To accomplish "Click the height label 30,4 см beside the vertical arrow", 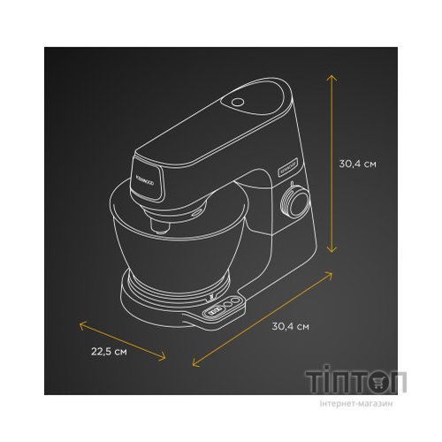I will pos(359,164).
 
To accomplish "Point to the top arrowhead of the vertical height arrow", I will pos(331,77).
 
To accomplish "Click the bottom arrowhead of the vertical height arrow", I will pos(331,255).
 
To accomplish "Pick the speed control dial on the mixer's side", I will pos(294,205).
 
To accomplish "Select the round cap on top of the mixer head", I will pos(240,103).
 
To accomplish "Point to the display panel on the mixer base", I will pos(225,309).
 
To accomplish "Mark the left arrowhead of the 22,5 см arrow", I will pos(81,323).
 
